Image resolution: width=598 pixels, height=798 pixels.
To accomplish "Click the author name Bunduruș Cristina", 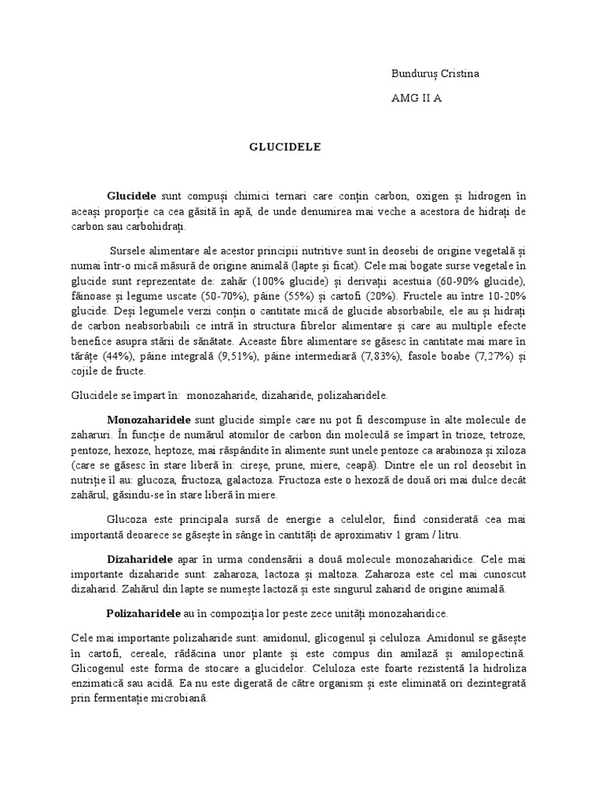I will [435, 74].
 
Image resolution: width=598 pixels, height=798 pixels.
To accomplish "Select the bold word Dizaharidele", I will [139, 560].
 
